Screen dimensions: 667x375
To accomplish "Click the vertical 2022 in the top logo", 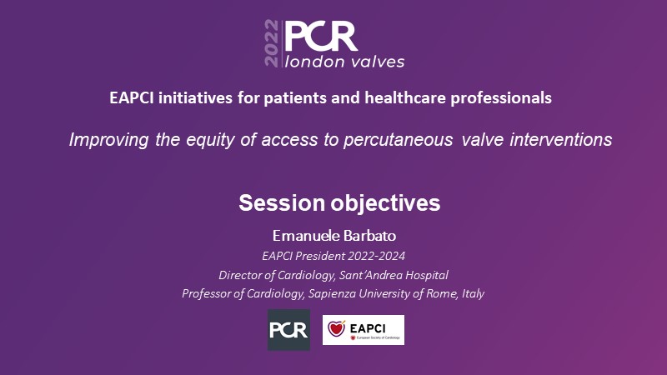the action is pos(272,43).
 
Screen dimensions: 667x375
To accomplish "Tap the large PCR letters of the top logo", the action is pos(321,37).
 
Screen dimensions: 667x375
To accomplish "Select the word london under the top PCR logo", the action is pos(314,62).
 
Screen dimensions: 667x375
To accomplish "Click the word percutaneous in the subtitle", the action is pos(399,140).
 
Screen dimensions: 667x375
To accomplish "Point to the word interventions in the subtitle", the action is pos(561,139).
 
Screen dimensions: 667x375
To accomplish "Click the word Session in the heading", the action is pos(282,202).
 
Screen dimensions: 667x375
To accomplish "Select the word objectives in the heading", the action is pos(386,203).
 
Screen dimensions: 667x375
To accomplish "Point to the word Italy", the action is pos(473,293).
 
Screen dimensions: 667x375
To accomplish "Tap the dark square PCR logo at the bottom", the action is pos(288,330).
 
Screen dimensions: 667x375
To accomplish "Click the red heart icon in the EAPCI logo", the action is pos(336,328).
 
